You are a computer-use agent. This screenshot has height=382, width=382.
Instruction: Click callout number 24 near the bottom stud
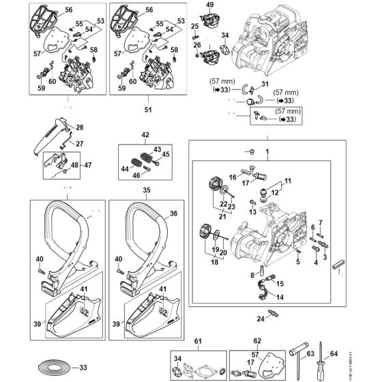[x=260, y=318]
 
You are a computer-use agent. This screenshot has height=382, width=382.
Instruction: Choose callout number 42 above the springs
[x=145, y=135]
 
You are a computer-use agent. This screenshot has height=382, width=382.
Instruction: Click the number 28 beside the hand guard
[x=79, y=128]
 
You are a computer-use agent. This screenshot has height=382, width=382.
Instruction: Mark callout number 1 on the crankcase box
[x=267, y=150]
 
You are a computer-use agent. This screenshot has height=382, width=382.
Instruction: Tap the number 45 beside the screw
[x=166, y=154]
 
